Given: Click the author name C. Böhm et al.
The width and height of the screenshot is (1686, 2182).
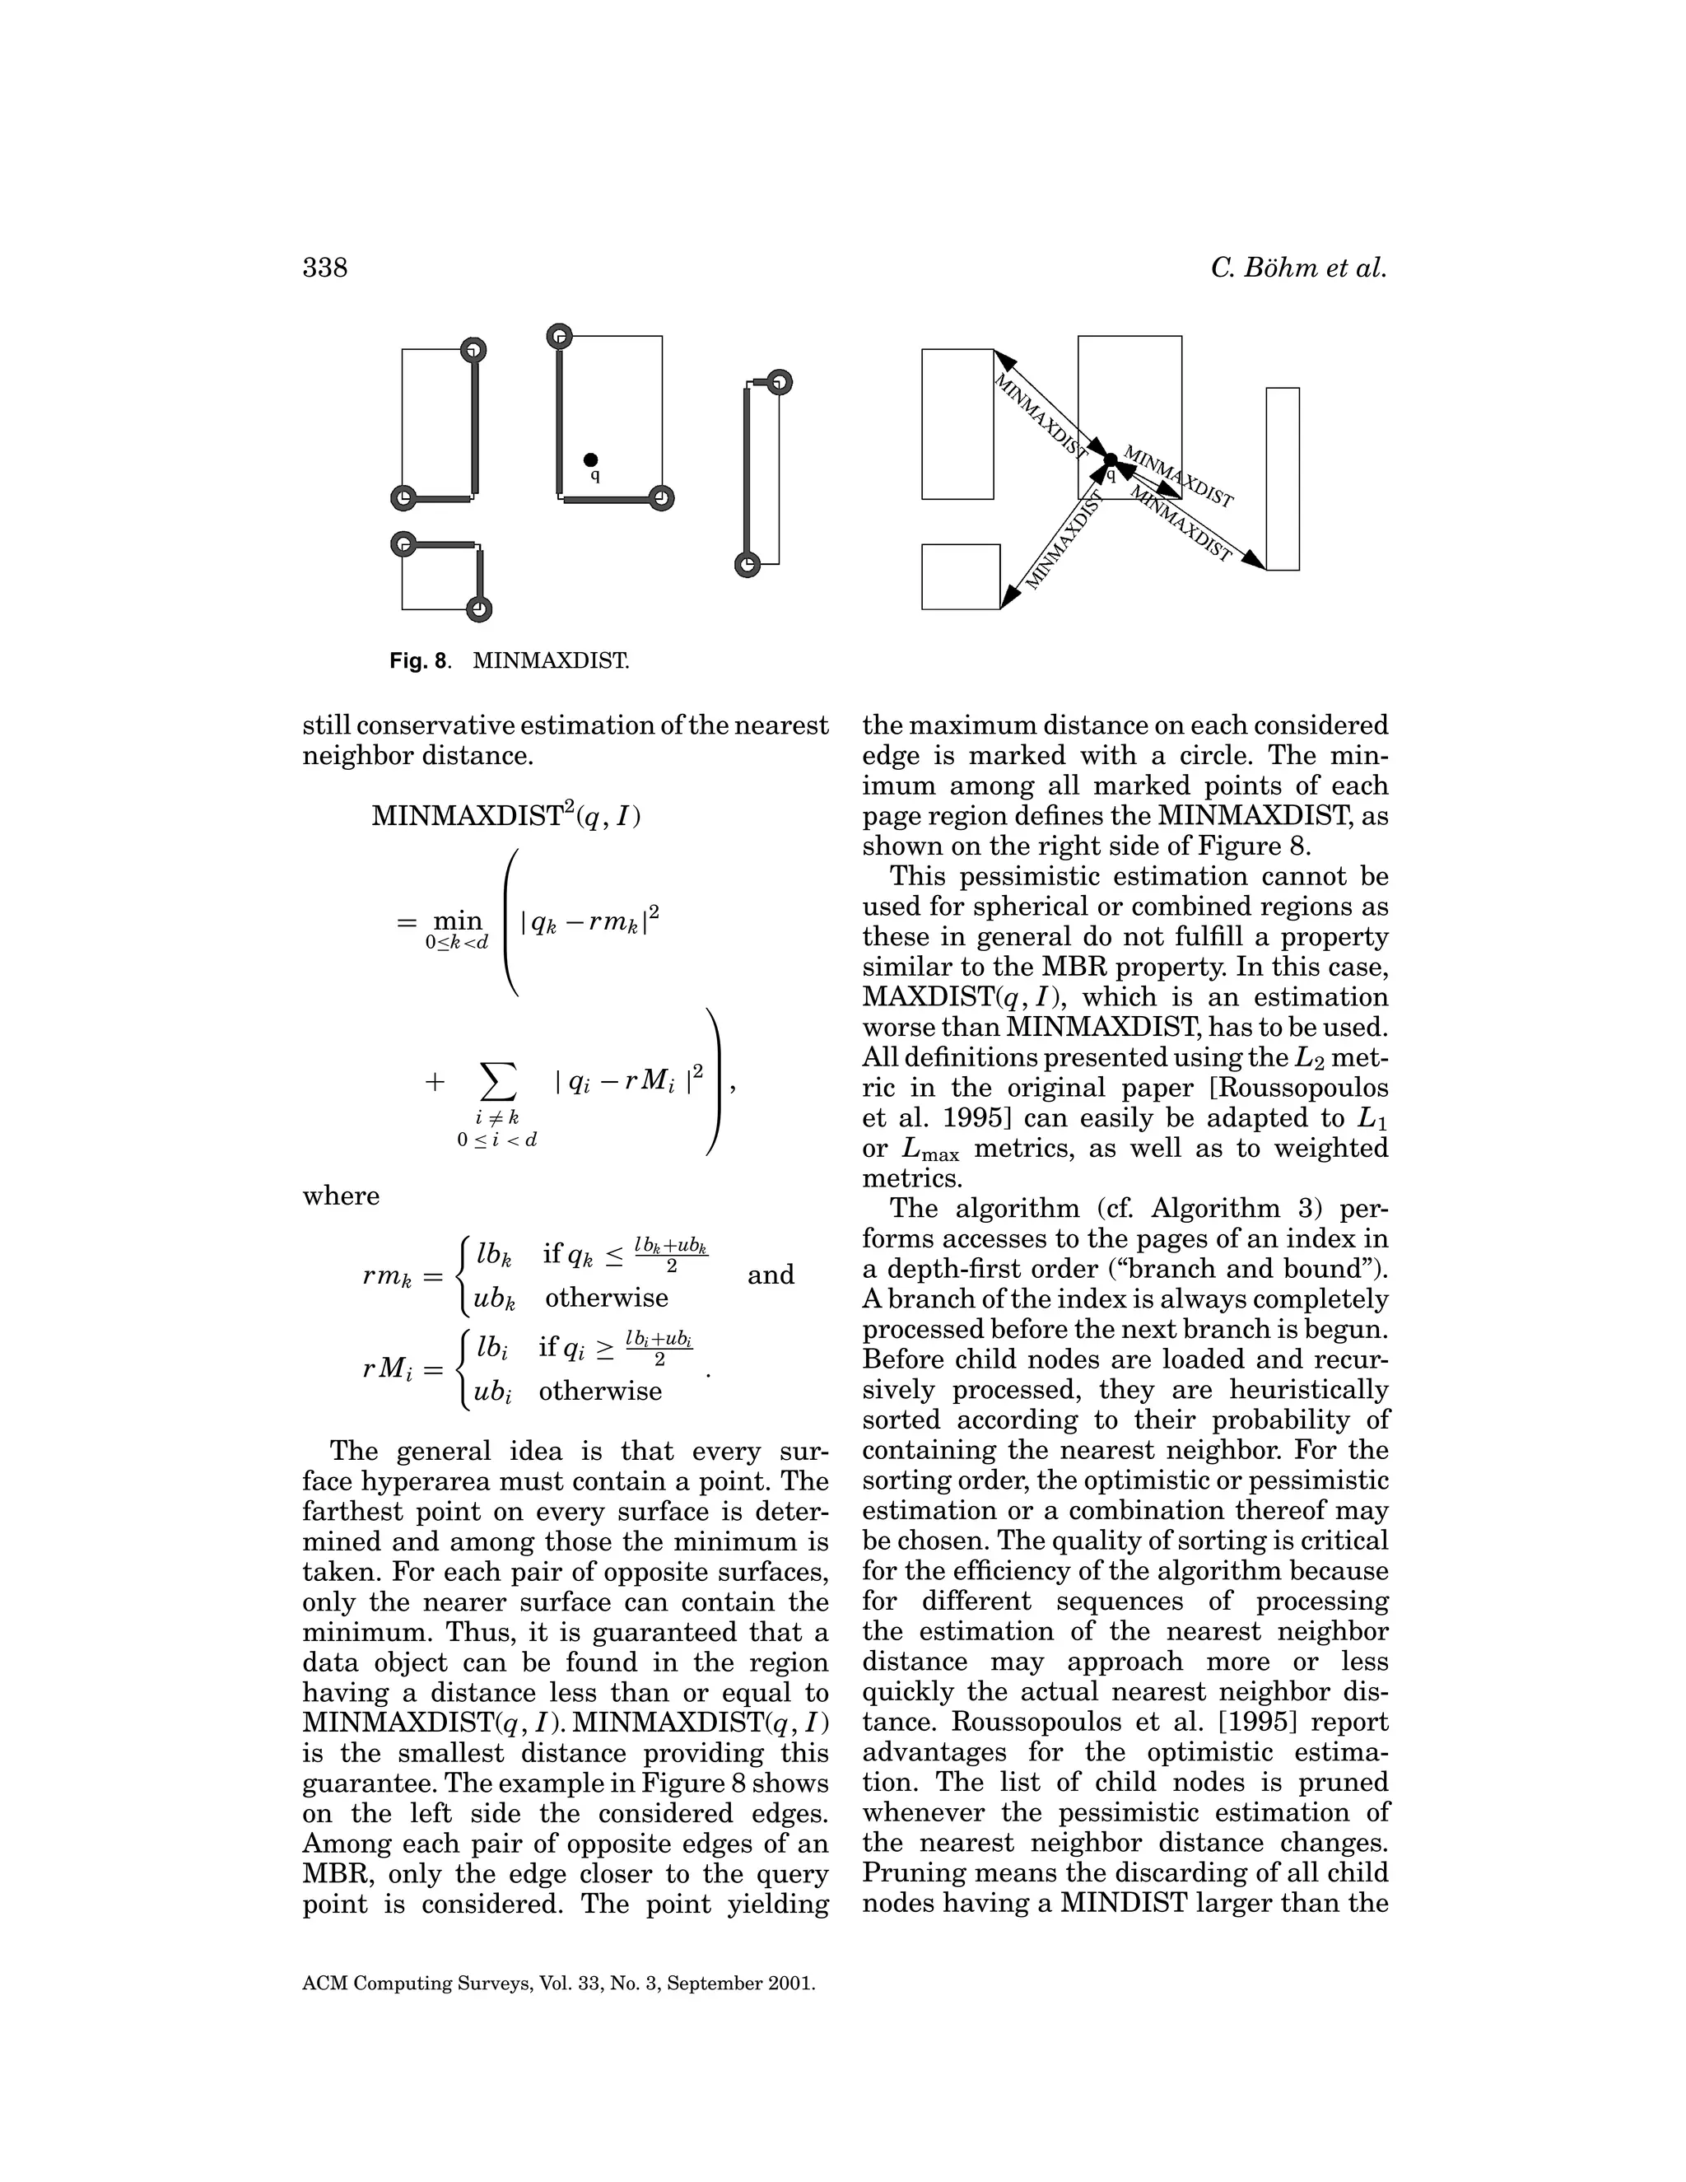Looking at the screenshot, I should pos(1297,268).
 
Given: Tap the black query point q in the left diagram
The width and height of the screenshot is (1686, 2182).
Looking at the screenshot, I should pos(591,459).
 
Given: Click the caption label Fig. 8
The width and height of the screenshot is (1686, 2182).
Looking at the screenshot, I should pos(418,660).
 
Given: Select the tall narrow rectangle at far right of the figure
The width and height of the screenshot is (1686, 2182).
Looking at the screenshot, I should pos(1283,478).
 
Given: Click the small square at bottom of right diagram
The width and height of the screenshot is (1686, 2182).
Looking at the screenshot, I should pos(960,576).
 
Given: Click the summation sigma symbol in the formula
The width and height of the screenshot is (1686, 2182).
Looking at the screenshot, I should pos(498,1081).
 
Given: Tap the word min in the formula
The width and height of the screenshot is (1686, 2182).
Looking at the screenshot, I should pos(456,921).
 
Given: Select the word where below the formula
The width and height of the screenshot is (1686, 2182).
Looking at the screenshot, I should pos(341,1196).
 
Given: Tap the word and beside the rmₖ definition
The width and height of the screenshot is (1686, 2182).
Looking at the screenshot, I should pos(770,1275).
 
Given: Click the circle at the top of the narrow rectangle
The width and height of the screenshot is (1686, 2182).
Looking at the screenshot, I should pos(780,383).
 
